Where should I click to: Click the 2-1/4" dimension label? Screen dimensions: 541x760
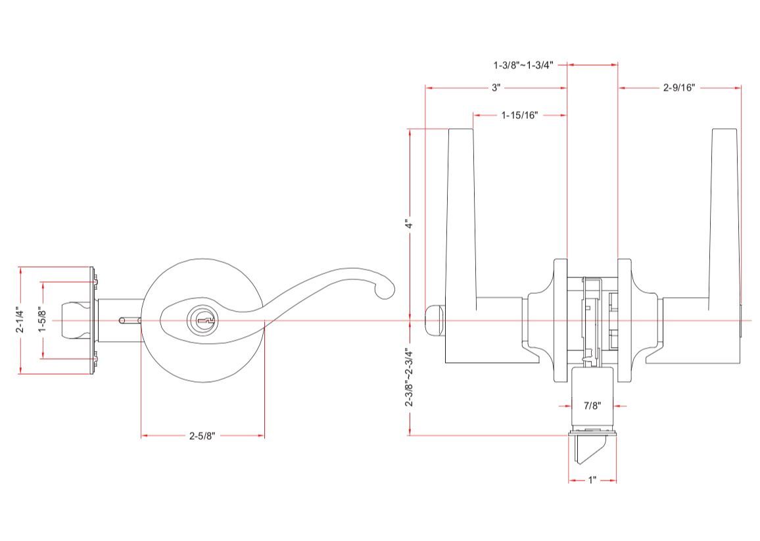tap(20, 321)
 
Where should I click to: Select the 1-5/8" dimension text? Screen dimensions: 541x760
tap(43, 321)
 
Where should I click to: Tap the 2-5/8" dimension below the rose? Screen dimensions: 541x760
tap(202, 435)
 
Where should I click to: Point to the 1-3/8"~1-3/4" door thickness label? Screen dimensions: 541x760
tap(523, 65)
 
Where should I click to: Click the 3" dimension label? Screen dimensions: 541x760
tap(496, 87)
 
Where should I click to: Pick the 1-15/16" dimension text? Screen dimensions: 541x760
tap(519, 115)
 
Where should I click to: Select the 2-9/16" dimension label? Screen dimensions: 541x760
tap(679, 87)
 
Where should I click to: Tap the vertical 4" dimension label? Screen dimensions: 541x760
tap(410, 224)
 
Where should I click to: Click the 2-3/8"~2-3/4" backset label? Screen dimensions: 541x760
tap(410, 377)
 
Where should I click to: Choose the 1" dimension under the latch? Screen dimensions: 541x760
tap(592, 481)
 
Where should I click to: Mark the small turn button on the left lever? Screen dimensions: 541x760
tap(435, 320)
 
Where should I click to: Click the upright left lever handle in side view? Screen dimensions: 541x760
tap(461, 217)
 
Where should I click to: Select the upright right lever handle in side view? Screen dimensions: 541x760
tap(724, 217)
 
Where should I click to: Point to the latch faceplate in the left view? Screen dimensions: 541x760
tap(91, 321)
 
